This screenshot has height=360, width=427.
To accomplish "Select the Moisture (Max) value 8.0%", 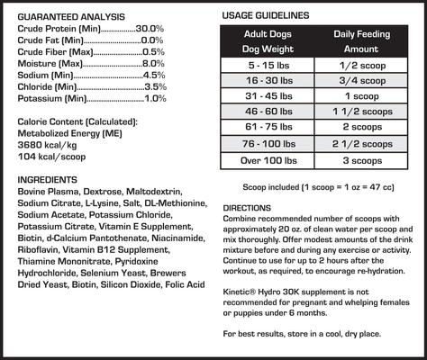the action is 153,63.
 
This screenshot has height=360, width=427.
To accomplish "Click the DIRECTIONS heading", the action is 247,208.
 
